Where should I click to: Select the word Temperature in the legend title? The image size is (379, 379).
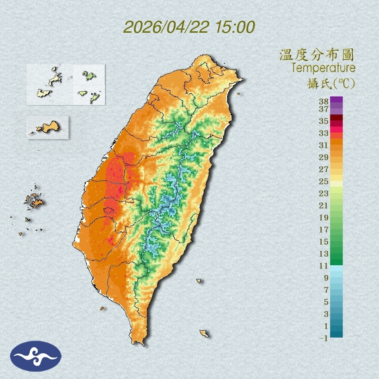coord(323,68)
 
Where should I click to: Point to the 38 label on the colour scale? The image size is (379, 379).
coord(323,102)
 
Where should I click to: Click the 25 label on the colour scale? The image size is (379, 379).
coord(323,181)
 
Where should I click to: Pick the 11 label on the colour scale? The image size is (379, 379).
coord(323,266)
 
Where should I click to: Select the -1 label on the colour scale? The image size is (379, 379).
coord(323,339)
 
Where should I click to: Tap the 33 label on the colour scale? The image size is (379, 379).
coord(323,133)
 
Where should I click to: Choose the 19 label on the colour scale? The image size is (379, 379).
coord(323,217)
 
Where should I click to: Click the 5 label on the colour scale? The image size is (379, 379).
coord(326,302)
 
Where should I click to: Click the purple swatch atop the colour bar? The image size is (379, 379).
coord(336,100)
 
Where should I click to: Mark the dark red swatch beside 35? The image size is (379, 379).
coord(336,118)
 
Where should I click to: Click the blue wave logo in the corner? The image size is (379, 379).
coord(36,356)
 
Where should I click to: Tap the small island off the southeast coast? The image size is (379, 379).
coord(204,333)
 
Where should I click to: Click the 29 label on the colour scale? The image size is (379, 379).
coord(323,157)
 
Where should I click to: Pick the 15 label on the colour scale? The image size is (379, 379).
coord(323,242)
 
